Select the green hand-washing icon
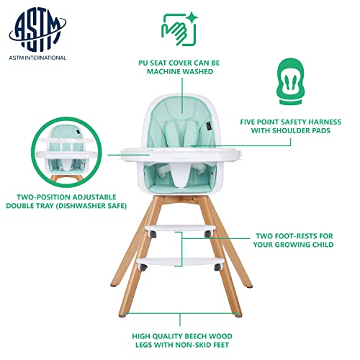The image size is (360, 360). coord(178,27)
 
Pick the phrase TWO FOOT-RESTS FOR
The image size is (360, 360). coord(295,235)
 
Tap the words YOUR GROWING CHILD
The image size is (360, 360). coord(295,246)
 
